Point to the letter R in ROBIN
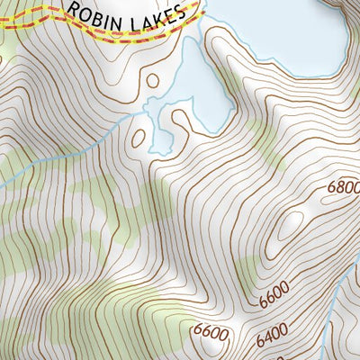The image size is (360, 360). point(72,10)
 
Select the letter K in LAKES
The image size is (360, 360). point(162,13)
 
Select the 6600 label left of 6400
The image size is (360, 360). point(211,333)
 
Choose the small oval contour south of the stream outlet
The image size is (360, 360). point(139,138)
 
